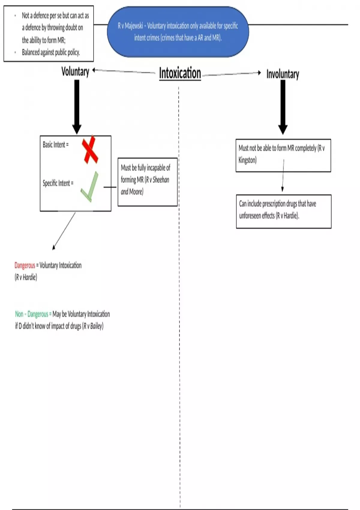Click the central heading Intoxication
(180, 73)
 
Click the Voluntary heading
(75, 72)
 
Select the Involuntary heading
(283, 74)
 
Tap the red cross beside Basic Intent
(90, 150)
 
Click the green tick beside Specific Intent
(90, 187)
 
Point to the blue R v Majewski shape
(178, 32)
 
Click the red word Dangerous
(25, 265)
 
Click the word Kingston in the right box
(247, 160)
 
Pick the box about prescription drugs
(283, 211)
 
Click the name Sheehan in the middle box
(161, 180)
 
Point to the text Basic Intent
(55, 145)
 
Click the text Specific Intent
(58, 183)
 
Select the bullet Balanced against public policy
(51, 52)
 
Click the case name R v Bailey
(93, 326)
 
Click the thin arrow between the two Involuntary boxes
(283, 175)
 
